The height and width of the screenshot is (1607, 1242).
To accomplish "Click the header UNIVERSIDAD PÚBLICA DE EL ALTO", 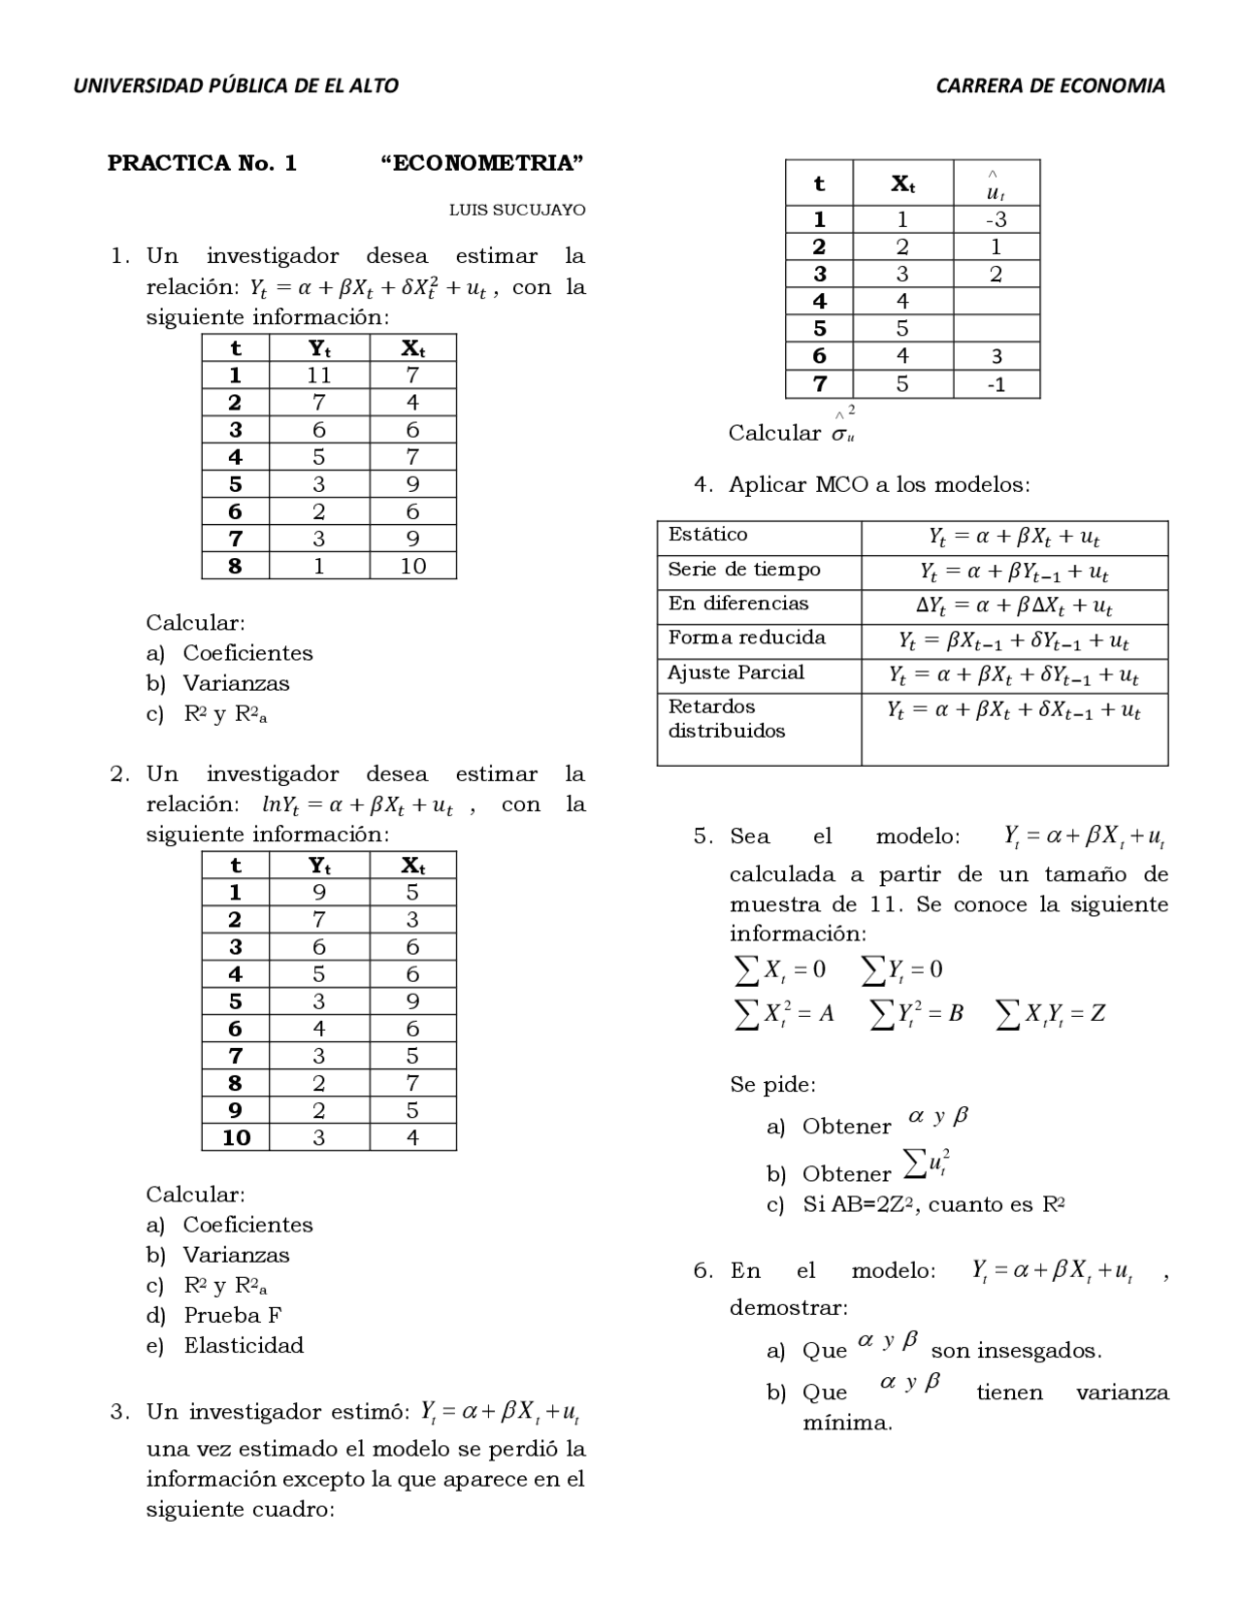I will pyautogui.click(x=236, y=85).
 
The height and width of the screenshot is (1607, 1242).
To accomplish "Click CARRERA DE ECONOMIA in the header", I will pyautogui.click(x=1050, y=85).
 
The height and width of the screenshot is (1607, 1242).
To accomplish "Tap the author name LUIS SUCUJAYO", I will pyautogui.click(x=516, y=210).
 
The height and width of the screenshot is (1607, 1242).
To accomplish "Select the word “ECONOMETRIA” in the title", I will pyautogui.click(x=482, y=163).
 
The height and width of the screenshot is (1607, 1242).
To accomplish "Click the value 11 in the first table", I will pyautogui.click(x=318, y=376).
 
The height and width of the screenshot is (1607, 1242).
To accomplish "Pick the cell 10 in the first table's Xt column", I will pyautogui.click(x=412, y=566).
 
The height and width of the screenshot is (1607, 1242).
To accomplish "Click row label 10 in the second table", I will pyautogui.click(x=236, y=1137).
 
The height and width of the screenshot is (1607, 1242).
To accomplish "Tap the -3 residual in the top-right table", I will pyautogui.click(x=996, y=219).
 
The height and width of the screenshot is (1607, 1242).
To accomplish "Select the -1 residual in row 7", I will pyautogui.click(x=996, y=384).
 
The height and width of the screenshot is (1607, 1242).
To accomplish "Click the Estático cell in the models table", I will pyautogui.click(x=708, y=535).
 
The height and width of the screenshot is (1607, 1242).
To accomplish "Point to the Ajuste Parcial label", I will pyautogui.click(x=735, y=672).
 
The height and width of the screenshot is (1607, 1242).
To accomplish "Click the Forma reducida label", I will pyautogui.click(x=746, y=638).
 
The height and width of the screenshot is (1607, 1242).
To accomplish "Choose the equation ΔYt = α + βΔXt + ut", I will pyautogui.click(x=1014, y=607).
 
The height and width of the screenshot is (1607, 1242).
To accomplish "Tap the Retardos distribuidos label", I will pyautogui.click(x=726, y=719).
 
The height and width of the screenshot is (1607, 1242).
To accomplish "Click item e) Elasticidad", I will pyautogui.click(x=243, y=1345).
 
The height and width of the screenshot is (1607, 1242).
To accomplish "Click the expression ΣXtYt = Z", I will pyautogui.click(x=1051, y=1013).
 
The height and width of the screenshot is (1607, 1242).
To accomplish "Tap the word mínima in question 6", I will pyautogui.click(x=846, y=1424).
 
